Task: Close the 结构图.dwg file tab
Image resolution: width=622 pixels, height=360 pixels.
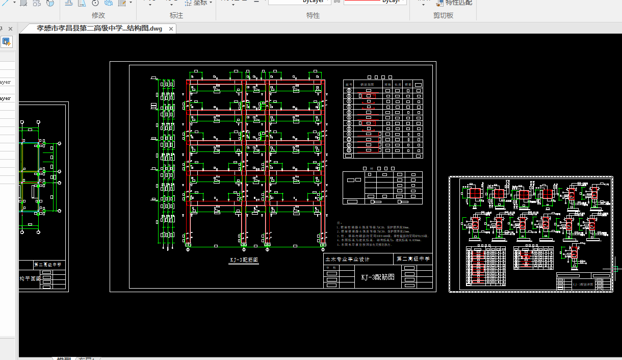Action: click(171, 29)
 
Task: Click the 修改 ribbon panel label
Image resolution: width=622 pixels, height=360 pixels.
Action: click(98, 15)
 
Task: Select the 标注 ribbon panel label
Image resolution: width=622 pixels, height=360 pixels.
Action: click(176, 15)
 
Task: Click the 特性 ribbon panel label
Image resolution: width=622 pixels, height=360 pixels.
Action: click(313, 15)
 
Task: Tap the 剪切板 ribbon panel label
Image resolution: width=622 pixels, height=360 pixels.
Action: click(443, 15)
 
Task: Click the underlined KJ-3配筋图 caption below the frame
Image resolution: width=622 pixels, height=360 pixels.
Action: click(244, 260)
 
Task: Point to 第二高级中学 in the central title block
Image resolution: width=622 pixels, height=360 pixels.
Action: click(413, 259)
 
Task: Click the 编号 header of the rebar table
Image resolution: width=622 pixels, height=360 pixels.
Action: click(349, 84)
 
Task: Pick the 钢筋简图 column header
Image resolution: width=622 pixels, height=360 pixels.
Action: click(367, 84)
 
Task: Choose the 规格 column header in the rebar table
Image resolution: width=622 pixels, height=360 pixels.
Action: click(387, 84)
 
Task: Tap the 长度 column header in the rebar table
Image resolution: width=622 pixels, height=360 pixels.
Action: click(398, 84)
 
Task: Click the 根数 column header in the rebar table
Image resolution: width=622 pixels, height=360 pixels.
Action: click(408, 84)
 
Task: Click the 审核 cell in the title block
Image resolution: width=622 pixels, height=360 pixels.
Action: click(334, 267)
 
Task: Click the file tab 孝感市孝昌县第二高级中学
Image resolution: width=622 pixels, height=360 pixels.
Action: click(99, 29)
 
